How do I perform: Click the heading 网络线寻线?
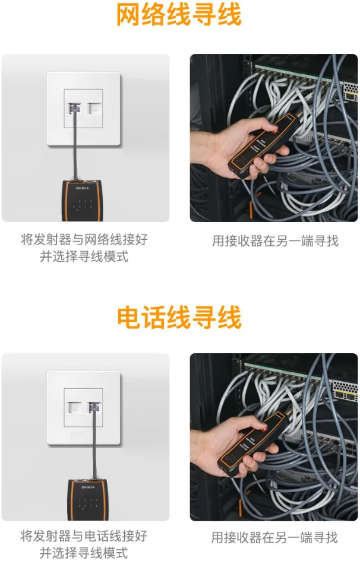(x=179, y=15)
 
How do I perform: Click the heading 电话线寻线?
(x=179, y=317)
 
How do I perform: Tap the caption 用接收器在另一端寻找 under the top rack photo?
(x=276, y=240)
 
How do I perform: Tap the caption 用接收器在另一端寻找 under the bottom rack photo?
(x=274, y=537)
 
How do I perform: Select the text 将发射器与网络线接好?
(x=84, y=239)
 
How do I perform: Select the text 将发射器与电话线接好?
(x=84, y=536)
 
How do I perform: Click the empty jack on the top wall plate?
(x=94, y=108)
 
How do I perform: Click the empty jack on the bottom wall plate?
(x=74, y=407)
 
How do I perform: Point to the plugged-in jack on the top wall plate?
(x=74, y=108)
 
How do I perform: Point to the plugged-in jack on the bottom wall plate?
(x=94, y=407)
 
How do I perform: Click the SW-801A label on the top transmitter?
(x=82, y=188)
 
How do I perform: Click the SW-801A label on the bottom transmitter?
(x=88, y=487)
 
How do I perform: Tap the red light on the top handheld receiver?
(x=276, y=129)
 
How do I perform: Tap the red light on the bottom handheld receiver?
(x=264, y=429)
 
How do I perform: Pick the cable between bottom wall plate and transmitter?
(x=94, y=445)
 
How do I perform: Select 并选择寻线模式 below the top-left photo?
(x=84, y=256)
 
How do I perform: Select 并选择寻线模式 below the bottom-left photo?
(x=84, y=553)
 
